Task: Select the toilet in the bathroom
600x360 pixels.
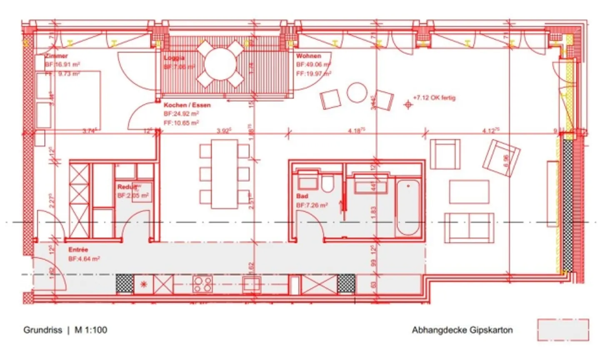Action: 327,184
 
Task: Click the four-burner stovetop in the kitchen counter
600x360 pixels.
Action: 202,284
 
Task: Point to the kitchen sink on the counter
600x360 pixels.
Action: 252,284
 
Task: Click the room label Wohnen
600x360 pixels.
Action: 309,56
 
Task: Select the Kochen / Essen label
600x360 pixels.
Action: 187,105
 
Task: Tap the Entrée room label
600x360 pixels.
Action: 78,250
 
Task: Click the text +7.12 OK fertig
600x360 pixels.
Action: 434,98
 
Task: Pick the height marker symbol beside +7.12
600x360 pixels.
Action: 408,104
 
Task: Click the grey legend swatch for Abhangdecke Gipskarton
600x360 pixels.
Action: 563,330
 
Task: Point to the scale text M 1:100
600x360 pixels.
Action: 91,330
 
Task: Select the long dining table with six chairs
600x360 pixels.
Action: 225,173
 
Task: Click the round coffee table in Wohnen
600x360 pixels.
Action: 357,92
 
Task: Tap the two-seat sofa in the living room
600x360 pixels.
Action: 469,227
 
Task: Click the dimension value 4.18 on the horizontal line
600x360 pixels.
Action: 355,130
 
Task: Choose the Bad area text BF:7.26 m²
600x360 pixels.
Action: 312,205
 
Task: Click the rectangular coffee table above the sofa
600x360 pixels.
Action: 469,192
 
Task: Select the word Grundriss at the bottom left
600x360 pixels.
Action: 42,330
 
